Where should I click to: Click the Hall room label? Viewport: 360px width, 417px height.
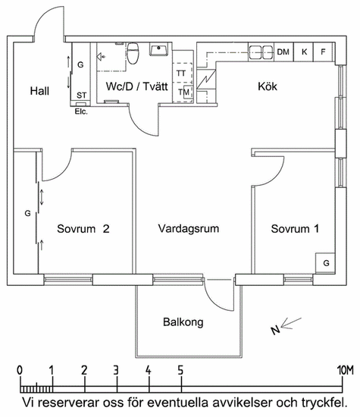click(39, 91)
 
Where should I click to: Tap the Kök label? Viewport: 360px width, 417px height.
click(268, 86)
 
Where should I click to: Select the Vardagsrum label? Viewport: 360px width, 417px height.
click(189, 229)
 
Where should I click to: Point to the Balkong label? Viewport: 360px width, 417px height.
click(183, 322)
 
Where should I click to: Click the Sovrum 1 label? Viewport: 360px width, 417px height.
click(295, 229)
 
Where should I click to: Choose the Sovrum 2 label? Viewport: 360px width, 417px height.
click(83, 229)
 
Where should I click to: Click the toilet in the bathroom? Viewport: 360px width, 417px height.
click(133, 54)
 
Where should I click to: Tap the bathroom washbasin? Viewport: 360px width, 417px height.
click(159, 49)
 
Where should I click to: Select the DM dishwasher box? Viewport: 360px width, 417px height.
click(283, 52)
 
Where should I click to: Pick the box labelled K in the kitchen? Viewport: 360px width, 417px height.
click(304, 52)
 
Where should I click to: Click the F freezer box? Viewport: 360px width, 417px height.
click(324, 52)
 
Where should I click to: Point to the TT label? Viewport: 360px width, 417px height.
click(181, 74)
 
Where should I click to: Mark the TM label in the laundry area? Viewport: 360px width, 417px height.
click(183, 92)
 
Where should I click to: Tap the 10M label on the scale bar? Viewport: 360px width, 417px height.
click(346, 370)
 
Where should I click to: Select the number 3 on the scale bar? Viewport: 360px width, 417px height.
click(116, 370)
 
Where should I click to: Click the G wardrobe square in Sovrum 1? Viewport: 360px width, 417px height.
click(325, 263)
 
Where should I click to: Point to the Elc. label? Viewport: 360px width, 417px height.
click(81, 111)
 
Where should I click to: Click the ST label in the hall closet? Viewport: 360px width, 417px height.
click(82, 96)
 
